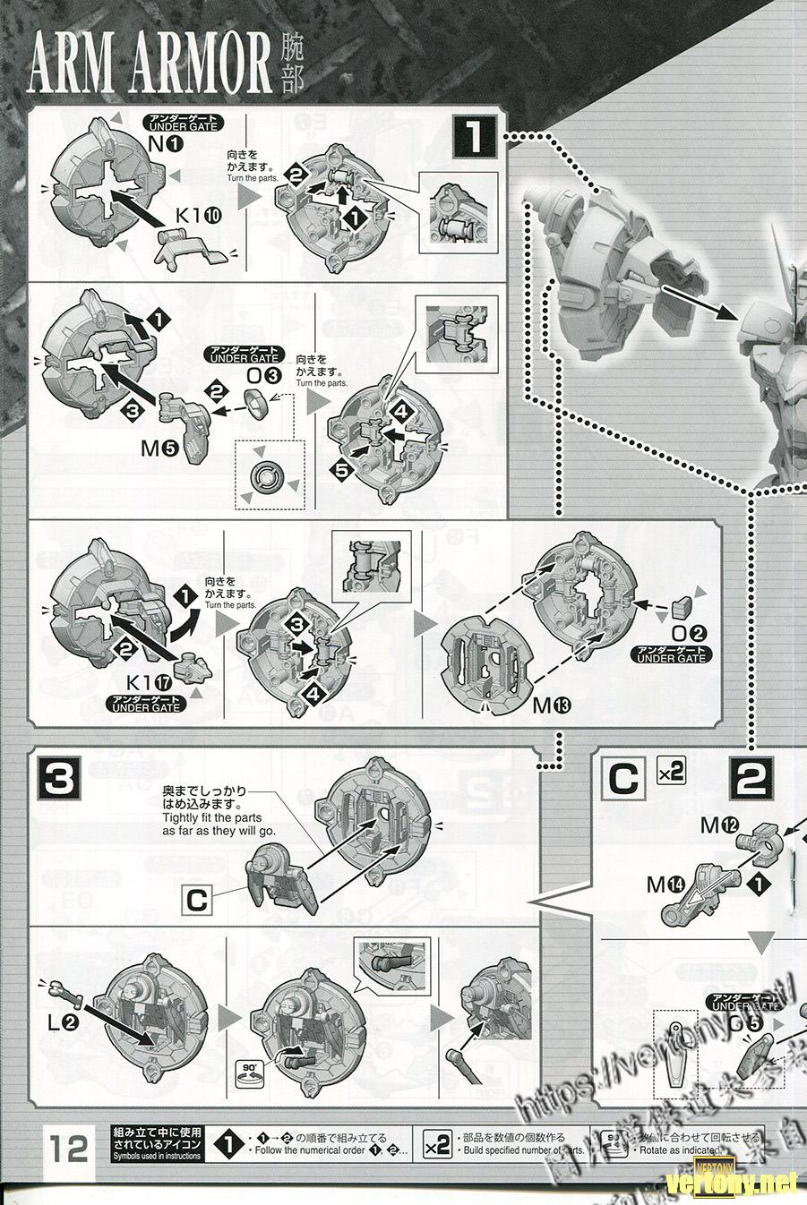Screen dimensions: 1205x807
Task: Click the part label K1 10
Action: [x=192, y=215]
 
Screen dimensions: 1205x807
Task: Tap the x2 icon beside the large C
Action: [x=670, y=771]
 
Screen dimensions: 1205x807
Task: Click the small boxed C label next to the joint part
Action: [x=198, y=899]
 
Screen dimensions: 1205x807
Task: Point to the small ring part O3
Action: [x=256, y=403]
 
